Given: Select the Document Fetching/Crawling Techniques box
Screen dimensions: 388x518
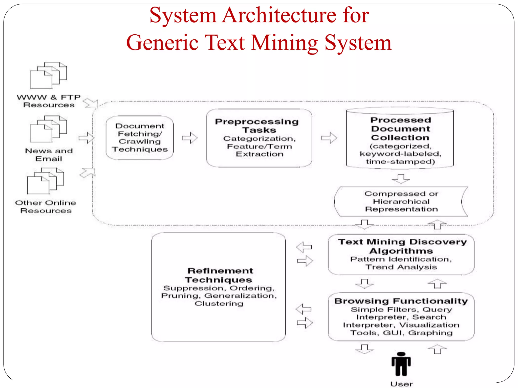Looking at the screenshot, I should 140,138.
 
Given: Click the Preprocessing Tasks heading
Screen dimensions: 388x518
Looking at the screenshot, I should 257,126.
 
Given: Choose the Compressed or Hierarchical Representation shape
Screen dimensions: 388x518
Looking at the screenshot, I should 401,202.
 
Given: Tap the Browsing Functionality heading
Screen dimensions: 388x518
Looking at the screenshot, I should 401,301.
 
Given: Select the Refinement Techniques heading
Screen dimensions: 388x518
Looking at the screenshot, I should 219,275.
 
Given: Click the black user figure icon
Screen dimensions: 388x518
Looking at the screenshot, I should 401,364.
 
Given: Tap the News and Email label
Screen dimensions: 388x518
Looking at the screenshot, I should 49,155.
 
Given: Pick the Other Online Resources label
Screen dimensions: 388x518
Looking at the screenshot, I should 46,207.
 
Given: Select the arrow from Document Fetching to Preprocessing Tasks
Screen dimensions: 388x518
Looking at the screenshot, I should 190,138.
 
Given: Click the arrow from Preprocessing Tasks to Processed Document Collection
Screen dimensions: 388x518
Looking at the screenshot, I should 329,138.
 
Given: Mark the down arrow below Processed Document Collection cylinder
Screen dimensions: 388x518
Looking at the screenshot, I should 401,179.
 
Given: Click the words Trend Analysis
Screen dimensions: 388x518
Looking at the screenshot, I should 401,267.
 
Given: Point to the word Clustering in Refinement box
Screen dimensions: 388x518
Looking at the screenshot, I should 219,303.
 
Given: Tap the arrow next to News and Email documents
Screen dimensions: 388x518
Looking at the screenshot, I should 86,138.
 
